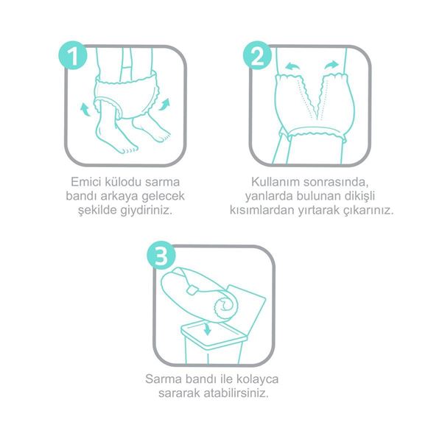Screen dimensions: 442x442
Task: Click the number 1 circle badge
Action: pos(73,55)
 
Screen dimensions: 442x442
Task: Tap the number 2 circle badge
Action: pos(257,55)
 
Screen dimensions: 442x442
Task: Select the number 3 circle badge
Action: pos(161,255)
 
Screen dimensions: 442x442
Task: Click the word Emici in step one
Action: pos(85,182)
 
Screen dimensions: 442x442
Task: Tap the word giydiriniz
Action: pos(147,210)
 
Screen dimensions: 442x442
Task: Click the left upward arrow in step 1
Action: pos(85,110)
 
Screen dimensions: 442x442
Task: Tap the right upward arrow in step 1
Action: pos(164,105)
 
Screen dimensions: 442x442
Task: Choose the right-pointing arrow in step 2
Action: pos(331,65)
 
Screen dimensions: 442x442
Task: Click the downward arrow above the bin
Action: pos(208,329)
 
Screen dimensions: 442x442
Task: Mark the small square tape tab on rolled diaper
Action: pos(192,290)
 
